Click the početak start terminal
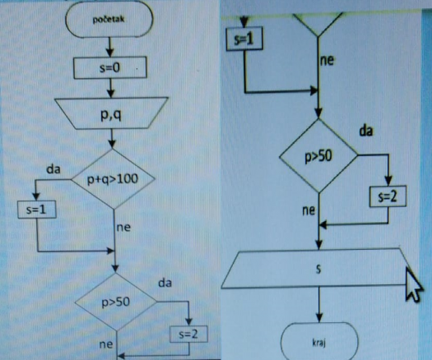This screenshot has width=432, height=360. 109,19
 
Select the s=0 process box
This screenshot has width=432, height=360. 110,67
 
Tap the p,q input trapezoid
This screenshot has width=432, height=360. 111,113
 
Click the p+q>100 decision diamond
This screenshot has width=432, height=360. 113,179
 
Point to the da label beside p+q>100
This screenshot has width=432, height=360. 53,169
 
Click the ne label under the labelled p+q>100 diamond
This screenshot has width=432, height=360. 123,228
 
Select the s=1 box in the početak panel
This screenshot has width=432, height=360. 37,210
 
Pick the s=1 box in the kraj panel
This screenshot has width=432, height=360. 244,39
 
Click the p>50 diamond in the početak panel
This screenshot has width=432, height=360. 116,302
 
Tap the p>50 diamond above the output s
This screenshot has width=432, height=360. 318,156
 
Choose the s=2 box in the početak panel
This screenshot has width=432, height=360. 188,335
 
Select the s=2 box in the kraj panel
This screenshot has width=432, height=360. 388,196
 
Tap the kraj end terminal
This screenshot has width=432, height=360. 319,341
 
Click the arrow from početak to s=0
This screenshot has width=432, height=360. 109,47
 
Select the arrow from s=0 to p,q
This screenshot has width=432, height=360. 110,88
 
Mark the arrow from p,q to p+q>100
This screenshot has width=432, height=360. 112,139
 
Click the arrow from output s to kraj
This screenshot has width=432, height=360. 319,305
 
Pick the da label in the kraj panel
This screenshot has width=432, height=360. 366,131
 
